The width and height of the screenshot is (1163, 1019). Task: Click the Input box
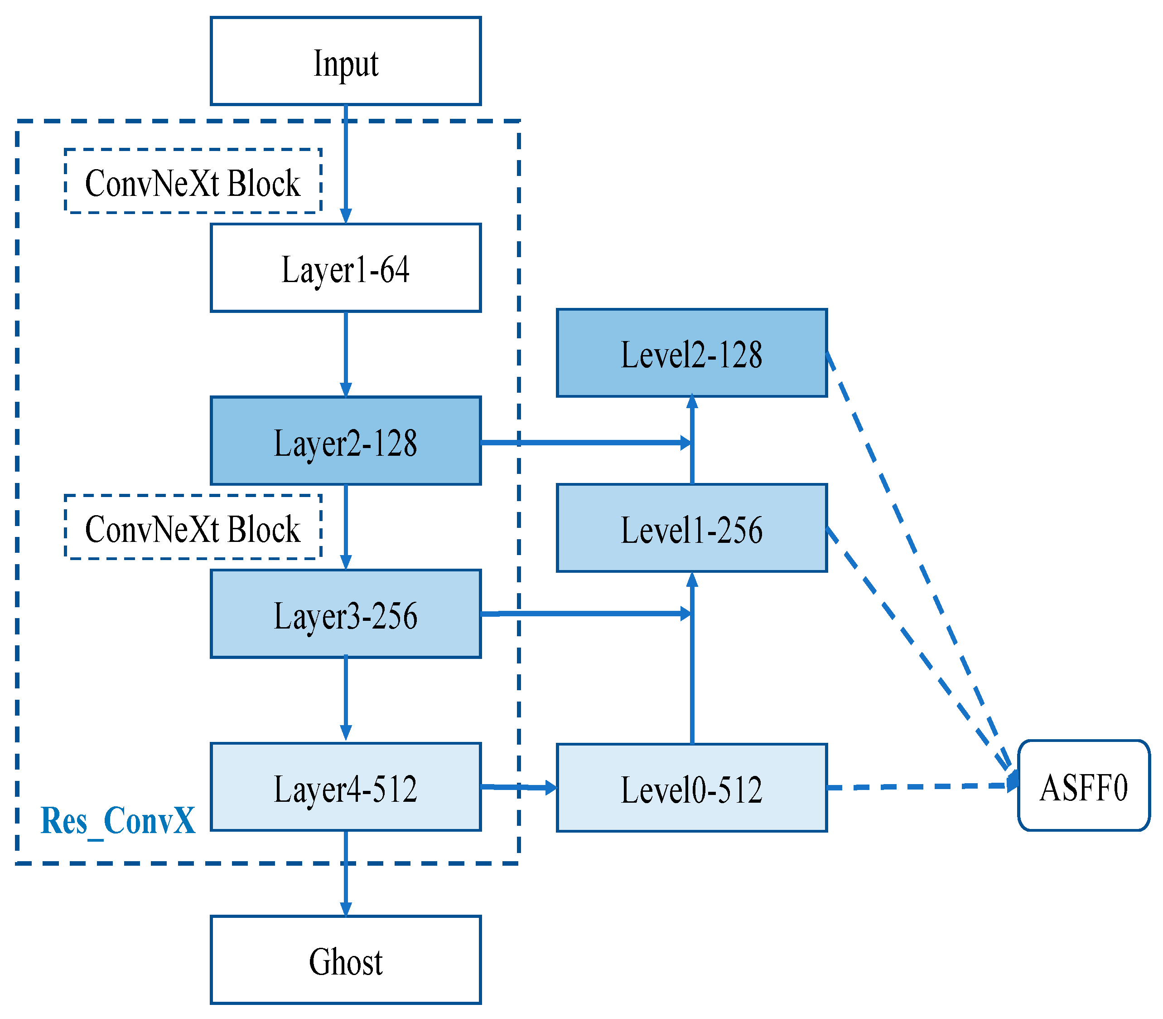pos(345,61)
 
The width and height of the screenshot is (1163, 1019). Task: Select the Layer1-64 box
pos(345,268)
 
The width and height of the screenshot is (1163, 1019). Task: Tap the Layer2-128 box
pos(345,441)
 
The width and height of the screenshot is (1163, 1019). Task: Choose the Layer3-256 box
pos(345,614)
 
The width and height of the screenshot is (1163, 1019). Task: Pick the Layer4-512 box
pos(345,787)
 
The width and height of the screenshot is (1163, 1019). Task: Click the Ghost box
pos(345,960)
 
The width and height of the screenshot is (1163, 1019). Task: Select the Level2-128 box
pos(691,353)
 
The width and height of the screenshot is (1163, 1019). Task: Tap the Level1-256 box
pos(691,528)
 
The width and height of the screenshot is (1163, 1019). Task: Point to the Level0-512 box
pos(691,788)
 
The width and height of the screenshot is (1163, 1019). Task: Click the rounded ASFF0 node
pos(1083,786)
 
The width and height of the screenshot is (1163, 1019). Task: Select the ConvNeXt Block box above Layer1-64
pos(193,181)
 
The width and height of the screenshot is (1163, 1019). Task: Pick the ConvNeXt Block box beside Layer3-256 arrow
pos(193,527)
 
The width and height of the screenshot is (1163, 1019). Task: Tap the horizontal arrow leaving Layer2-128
pos(585,442)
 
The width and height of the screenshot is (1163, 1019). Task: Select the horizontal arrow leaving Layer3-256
pos(585,614)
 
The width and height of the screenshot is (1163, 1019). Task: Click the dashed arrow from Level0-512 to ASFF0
pos(921,787)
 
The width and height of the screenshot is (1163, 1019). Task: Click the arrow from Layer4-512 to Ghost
pos(345,873)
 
